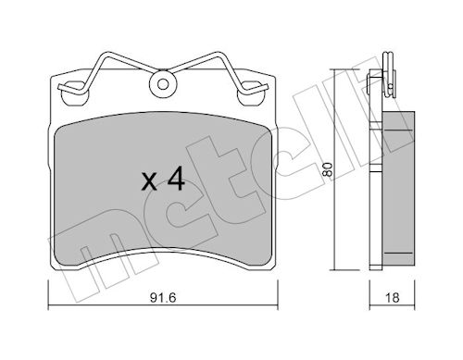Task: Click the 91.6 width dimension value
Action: pyautogui.click(x=163, y=298)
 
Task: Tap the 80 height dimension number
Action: pyautogui.click(x=328, y=169)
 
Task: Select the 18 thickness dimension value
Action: pyautogui.click(x=392, y=298)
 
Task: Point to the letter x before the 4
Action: pyautogui.click(x=149, y=182)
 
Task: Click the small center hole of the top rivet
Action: pyautogui.click(x=163, y=84)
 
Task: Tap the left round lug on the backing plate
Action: pyautogui.click(x=73, y=94)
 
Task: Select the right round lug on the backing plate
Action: pyautogui.click(x=250, y=94)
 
